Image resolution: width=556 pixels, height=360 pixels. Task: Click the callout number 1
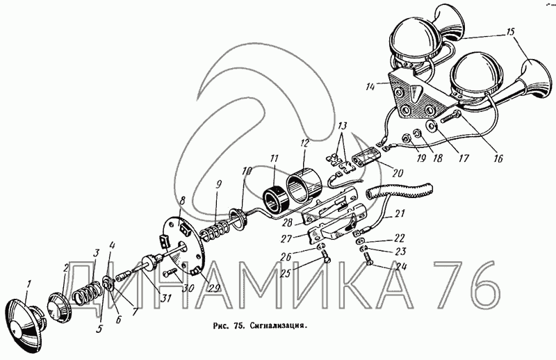29,284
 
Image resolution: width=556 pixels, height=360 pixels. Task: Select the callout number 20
397,173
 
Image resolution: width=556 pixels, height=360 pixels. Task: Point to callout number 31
165,298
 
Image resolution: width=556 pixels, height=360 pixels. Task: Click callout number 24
400,266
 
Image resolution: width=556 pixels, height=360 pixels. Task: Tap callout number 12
304,144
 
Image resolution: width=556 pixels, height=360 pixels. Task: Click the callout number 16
498,158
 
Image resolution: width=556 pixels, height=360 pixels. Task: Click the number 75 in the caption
238,325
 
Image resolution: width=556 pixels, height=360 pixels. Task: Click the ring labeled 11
276,199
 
